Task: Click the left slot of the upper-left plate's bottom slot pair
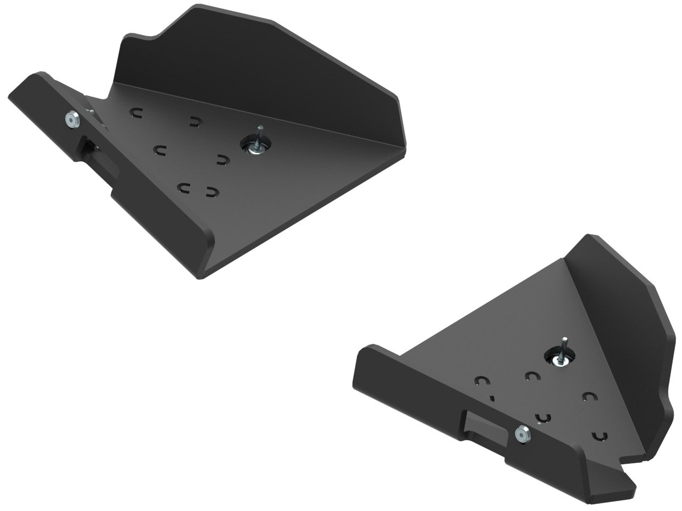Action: click(x=185, y=187)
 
